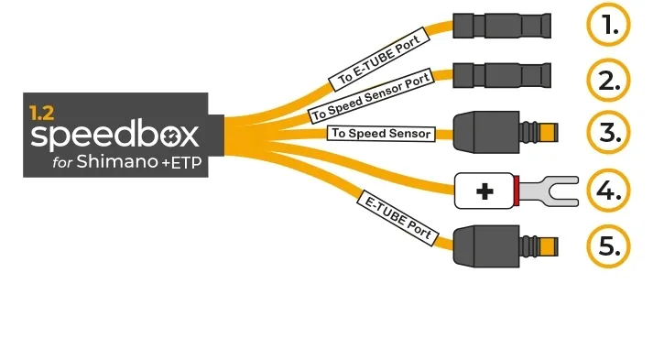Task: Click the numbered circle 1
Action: coord(608,26)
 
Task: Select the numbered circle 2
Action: coord(608,81)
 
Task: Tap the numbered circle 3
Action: coord(608,135)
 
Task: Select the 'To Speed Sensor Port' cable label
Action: coord(369,96)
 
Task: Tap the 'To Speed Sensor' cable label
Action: coord(380,135)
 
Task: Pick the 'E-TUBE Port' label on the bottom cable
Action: coord(395,217)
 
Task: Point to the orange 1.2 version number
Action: coord(40,114)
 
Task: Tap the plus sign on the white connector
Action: coord(484,191)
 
